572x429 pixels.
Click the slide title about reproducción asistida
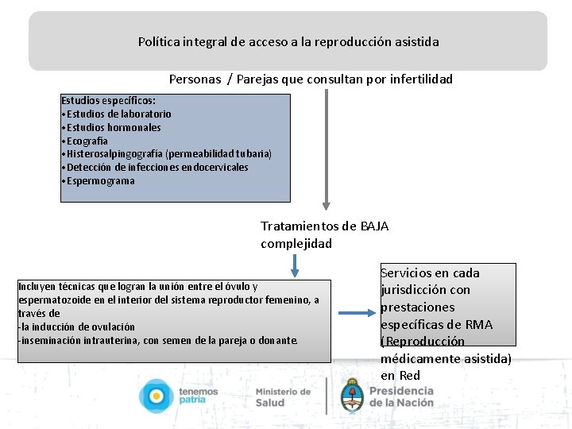[288, 41]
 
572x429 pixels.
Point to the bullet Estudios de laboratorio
[118, 114]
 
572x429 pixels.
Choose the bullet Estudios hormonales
[114, 127]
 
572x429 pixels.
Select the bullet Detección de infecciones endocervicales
[157, 168]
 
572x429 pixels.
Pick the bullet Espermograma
[101, 181]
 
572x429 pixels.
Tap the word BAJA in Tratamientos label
[374, 226]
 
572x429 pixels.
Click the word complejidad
[296, 244]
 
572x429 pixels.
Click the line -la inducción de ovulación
[76, 327]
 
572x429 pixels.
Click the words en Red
[400, 375]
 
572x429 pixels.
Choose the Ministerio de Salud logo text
[283, 397]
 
